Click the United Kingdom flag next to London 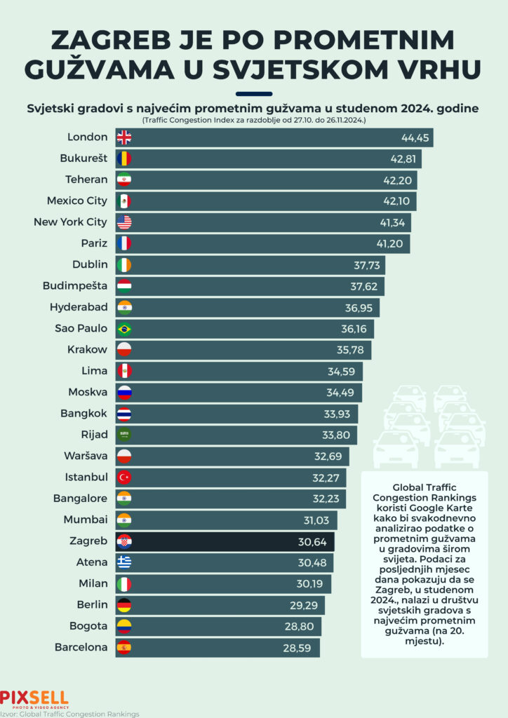123,137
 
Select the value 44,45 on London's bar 415,137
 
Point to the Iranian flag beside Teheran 123,179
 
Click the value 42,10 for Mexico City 399,201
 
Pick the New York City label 71,222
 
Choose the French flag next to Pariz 123,243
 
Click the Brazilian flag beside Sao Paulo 123,328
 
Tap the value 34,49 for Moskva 345,392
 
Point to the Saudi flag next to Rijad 123,435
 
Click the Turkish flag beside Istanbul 123,477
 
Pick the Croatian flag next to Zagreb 123,541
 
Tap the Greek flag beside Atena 123,562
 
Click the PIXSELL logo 34,698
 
